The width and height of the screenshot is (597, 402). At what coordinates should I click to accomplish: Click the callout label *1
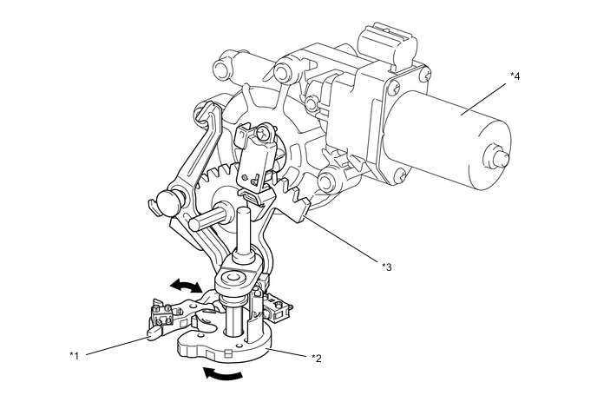75,354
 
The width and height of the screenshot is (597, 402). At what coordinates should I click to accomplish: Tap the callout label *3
387,266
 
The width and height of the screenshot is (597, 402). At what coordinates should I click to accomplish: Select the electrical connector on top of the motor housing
379,41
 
